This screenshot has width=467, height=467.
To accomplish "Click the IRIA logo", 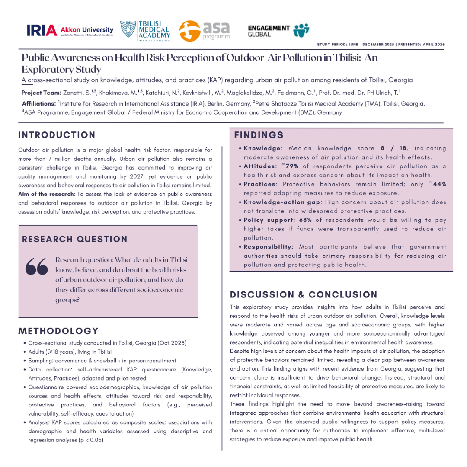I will [x=42, y=30].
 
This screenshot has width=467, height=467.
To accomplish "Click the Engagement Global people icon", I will [x=301, y=30].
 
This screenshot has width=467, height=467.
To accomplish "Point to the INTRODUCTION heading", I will [x=57, y=135].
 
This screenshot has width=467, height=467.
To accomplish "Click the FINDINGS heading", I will [x=259, y=135].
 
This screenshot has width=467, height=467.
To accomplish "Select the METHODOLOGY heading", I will [x=58, y=331].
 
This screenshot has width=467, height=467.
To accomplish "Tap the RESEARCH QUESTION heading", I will [x=75, y=239].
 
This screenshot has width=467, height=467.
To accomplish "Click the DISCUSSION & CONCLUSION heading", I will [x=304, y=295].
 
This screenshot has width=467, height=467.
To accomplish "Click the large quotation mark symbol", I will [x=36, y=267].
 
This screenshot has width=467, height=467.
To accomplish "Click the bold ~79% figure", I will [x=289, y=166].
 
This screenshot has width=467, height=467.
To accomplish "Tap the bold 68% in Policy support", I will [x=305, y=220].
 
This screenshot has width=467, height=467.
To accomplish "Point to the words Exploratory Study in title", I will [x=61, y=69].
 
